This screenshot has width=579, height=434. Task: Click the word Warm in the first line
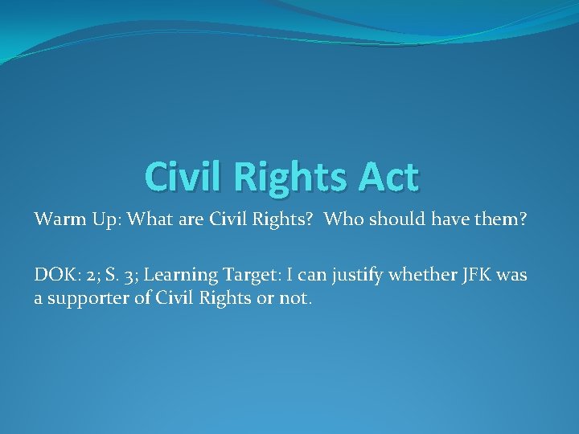coord(54,219)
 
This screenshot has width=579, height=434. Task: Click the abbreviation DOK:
coord(54,276)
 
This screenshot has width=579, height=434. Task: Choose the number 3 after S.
coord(128,276)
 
